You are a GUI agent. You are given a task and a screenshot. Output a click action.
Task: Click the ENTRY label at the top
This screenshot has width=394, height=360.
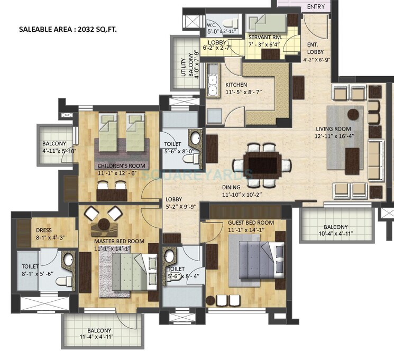(x=316, y=7)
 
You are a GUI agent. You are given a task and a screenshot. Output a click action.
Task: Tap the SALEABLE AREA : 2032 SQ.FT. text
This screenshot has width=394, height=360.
(x=68, y=30)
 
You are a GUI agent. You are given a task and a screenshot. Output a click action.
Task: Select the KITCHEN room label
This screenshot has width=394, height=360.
(x=236, y=85)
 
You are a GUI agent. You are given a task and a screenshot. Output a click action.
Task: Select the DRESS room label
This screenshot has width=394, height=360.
(x=43, y=230)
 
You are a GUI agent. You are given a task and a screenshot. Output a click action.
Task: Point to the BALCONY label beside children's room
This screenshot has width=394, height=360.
(x=54, y=143)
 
